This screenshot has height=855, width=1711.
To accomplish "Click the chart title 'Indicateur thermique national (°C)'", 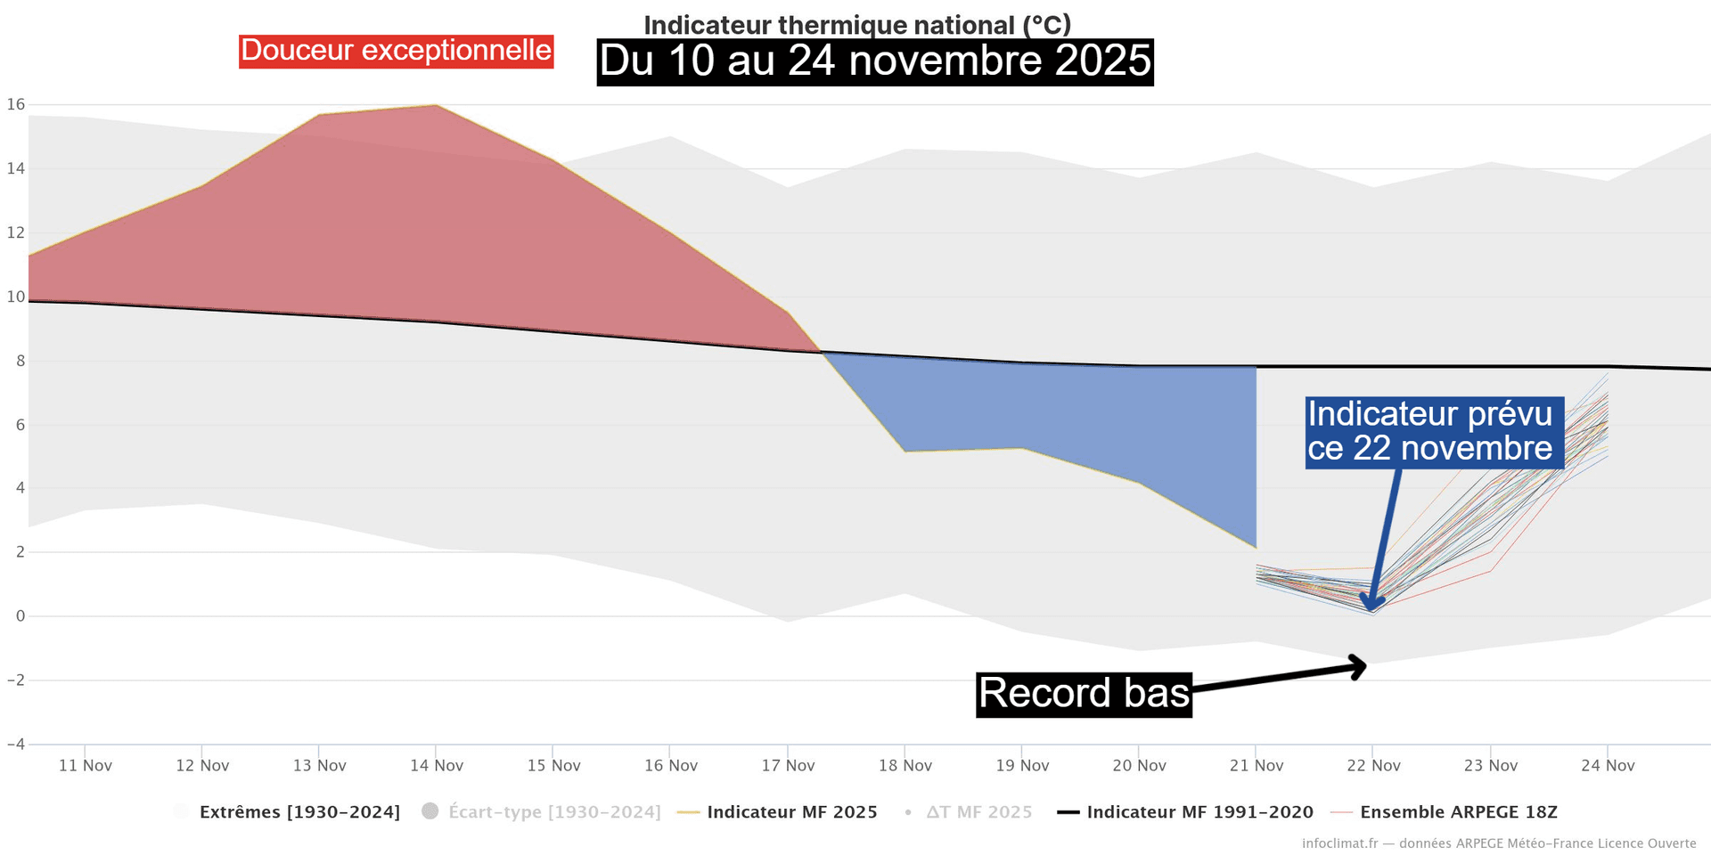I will tap(857, 24).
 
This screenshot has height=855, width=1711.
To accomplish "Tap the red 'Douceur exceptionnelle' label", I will tap(396, 51).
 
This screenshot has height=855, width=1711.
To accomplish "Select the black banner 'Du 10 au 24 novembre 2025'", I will tap(875, 61).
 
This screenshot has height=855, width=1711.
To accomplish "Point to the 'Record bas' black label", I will tap(1084, 694).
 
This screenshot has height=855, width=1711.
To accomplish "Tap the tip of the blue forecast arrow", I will tap(1372, 608).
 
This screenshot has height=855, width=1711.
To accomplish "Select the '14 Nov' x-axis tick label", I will tap(437, 766).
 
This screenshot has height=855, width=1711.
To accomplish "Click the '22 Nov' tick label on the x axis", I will tap(1373, 766).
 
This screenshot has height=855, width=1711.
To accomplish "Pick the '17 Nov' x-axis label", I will tap(788, 766).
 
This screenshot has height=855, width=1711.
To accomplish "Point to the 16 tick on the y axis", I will tap(16, 104).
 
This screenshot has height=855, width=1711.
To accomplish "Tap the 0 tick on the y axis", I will tap(20, 616).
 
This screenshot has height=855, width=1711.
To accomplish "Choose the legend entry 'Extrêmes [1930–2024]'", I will tap(299, 812).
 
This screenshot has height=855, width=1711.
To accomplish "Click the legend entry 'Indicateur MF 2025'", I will tap(791, 812).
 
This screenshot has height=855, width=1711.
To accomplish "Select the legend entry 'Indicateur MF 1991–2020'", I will tap(1199, 812).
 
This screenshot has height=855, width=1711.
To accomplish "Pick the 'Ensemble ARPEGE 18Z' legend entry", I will tap(1458, 812).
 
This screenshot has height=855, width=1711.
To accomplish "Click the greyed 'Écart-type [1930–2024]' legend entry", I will tap(553, 812).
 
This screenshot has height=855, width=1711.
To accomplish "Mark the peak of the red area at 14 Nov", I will tap(436, 106).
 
